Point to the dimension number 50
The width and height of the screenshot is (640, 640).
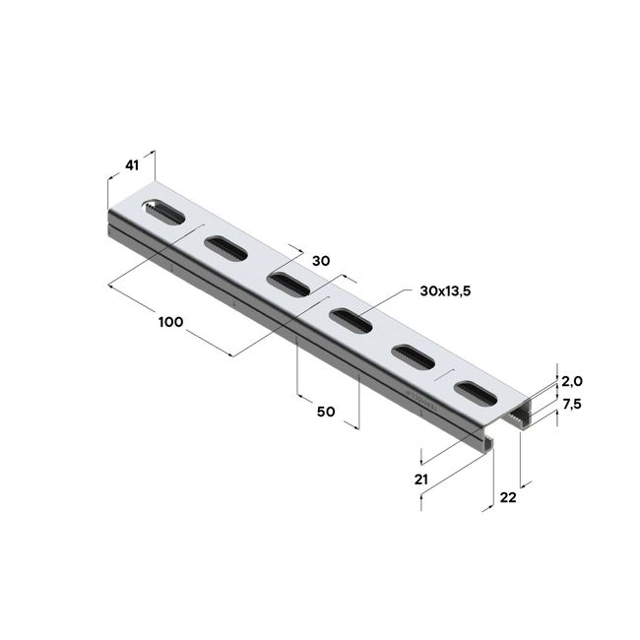[328, 411]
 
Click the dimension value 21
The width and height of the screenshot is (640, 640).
[420, 480]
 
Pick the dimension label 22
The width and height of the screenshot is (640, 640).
[508, 498]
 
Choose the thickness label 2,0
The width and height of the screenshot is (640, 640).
[573, 381]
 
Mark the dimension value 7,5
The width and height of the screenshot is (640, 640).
[573, 404]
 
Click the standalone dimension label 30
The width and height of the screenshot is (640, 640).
[320, 261]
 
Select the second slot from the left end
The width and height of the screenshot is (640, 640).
[225, 246]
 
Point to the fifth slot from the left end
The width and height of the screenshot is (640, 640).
[412, 355]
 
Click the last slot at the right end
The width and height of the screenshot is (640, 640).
[476, 393]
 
